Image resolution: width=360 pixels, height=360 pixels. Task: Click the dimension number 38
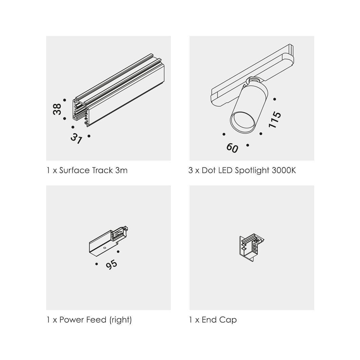click(57, 109)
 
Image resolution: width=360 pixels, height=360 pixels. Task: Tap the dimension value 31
click(76, 138)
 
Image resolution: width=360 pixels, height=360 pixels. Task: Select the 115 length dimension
click(275, 120)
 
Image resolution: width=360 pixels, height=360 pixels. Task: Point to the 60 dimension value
click(232, 148)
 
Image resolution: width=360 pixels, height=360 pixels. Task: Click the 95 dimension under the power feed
click(112, 265)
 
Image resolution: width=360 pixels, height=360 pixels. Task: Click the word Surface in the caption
click(75, 170)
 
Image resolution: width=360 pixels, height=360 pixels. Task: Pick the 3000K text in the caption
click(284, 170)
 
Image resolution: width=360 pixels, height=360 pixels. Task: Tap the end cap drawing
click(251, 248)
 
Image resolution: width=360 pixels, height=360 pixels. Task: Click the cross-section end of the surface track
click(80, 112)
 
